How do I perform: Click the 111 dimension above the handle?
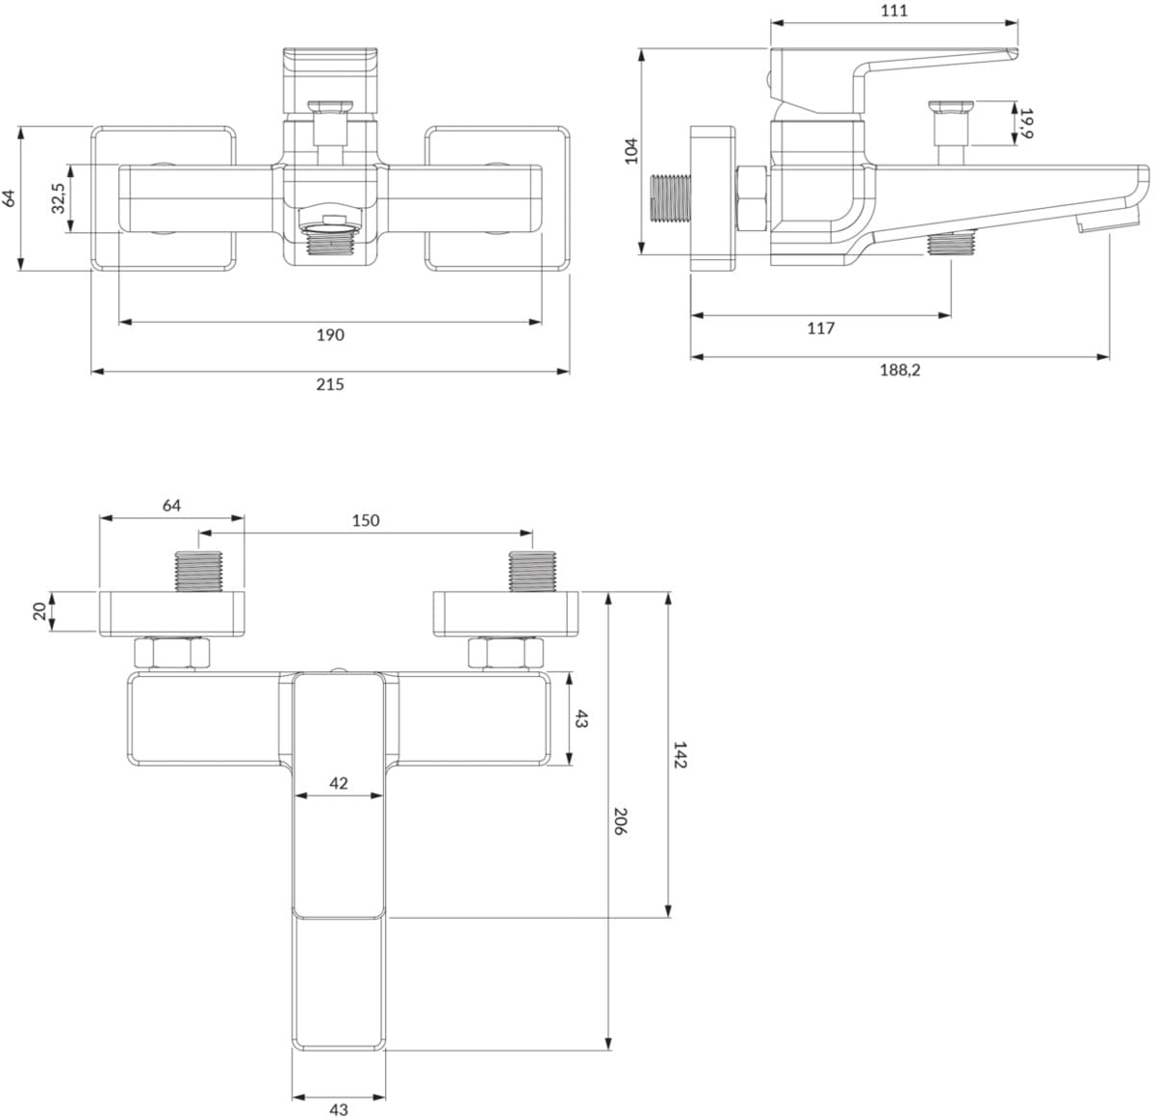click(x=894, y=11)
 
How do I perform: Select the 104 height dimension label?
click(x=631, y=151)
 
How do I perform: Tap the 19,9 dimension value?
click(x=1026, y=123)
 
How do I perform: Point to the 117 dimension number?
click(x=821, y=328)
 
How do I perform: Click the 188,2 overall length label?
click(x=900, y=370)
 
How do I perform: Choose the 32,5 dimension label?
click(x=58, y=198)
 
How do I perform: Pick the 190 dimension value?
click(x=330, y=335)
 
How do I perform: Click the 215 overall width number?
click(x=330, y=384)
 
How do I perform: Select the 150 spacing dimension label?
click(x=366, y=520)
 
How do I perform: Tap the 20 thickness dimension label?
click(x=39, y=612)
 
